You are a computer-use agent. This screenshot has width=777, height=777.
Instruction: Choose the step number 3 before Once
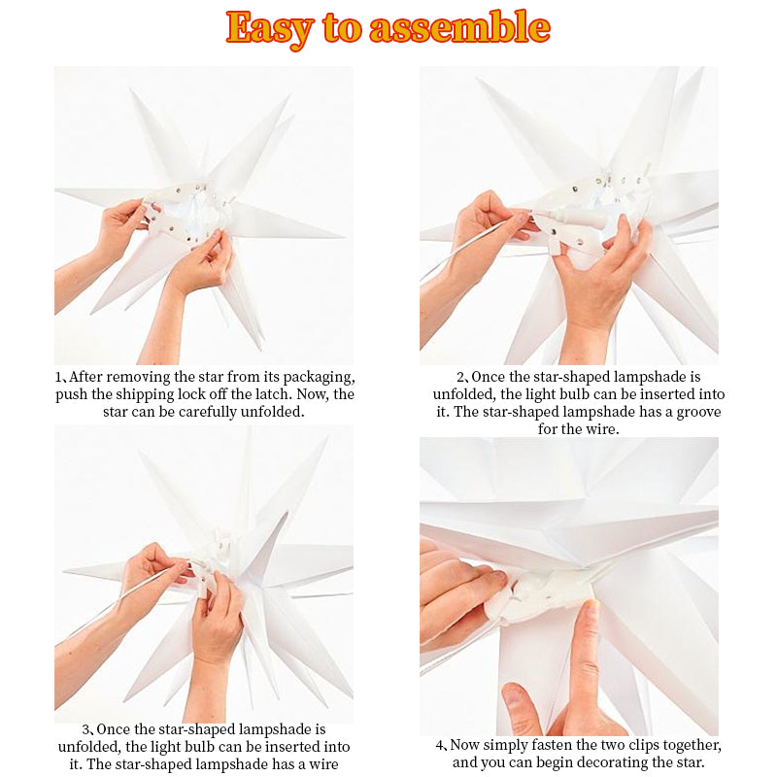coord(85,729)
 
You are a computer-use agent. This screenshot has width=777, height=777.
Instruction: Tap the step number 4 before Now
coord(440,745)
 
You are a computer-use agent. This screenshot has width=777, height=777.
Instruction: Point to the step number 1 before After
coord(58,377)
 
